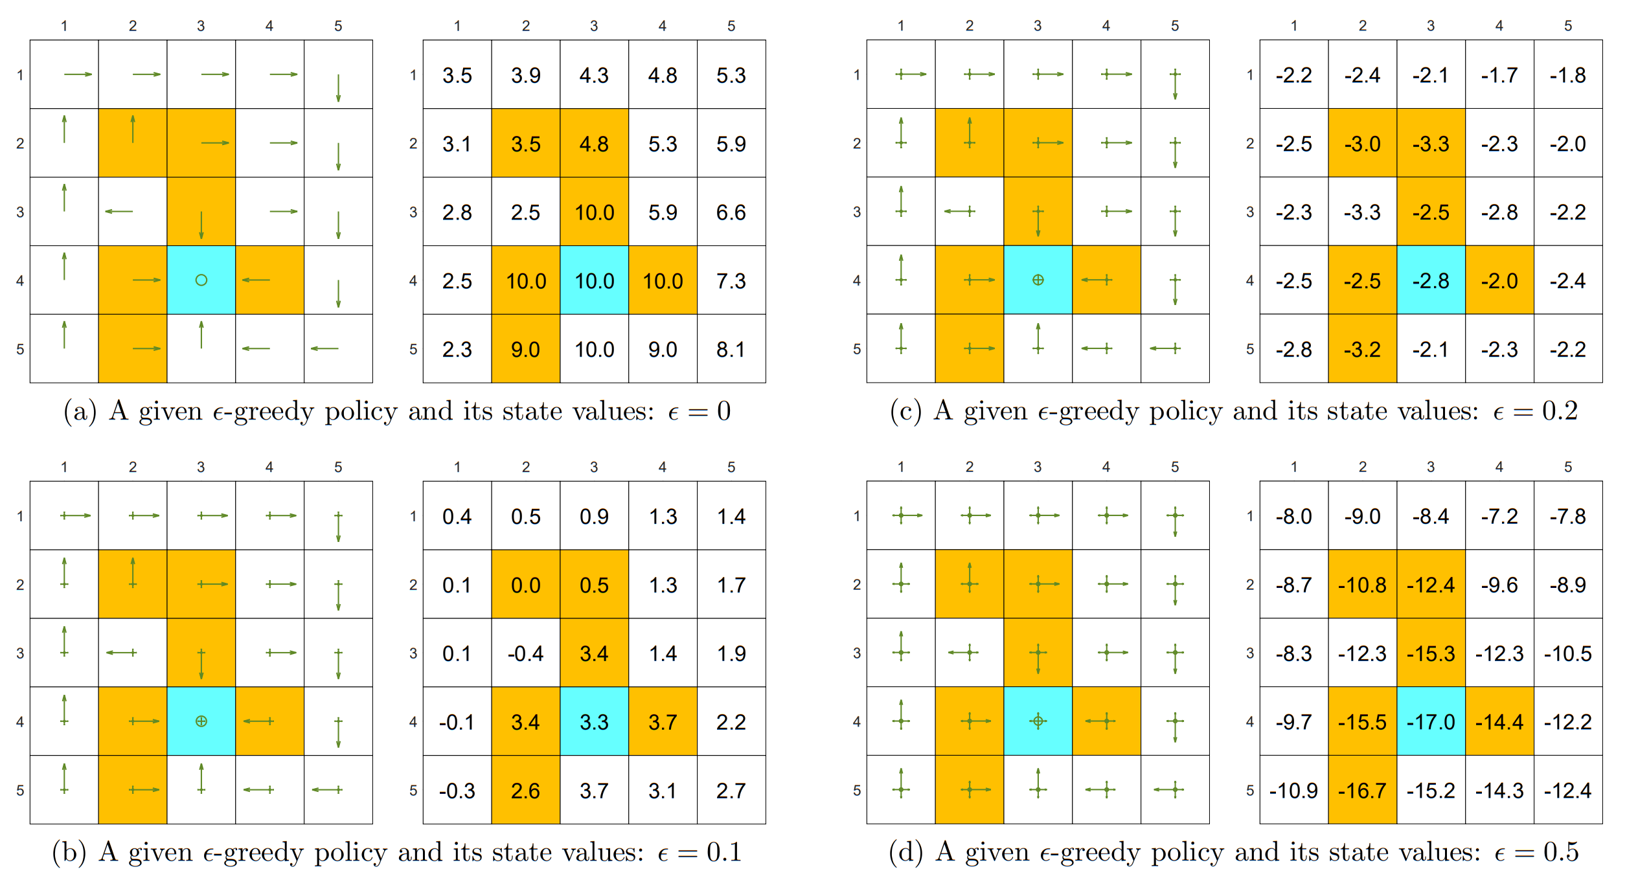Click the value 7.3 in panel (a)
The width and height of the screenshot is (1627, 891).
(731, 281)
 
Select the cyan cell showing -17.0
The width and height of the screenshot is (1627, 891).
(1431, 722)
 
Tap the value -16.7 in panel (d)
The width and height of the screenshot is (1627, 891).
(1362, 791)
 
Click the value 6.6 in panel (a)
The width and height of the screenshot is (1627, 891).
(731, 212)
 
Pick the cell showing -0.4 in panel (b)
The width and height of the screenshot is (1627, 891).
(525, 653)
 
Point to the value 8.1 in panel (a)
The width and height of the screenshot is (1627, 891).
(731, 350)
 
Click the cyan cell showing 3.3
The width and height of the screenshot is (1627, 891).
(594, 722)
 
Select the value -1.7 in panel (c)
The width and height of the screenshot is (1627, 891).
(1499, 75)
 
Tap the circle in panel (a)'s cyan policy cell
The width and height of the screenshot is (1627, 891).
(201, 280)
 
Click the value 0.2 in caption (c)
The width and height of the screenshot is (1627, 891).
(1560, 411)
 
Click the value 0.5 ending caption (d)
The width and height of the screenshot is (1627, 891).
(1561, 852)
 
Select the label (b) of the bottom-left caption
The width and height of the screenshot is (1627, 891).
(69, 852)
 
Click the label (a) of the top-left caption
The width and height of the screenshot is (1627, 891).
(80, 411)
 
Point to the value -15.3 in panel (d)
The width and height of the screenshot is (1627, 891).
(1431, 653)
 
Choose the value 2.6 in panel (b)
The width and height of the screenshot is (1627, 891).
(525, 791)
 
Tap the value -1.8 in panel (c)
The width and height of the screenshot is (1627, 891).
(1567, 75)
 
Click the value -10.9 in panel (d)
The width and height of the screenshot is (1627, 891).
(1293, 791)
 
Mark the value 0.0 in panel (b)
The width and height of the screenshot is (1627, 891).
(525, 585)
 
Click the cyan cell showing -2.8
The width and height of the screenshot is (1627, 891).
(1431, 281)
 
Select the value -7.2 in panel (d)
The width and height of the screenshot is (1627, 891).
(1499, 517)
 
